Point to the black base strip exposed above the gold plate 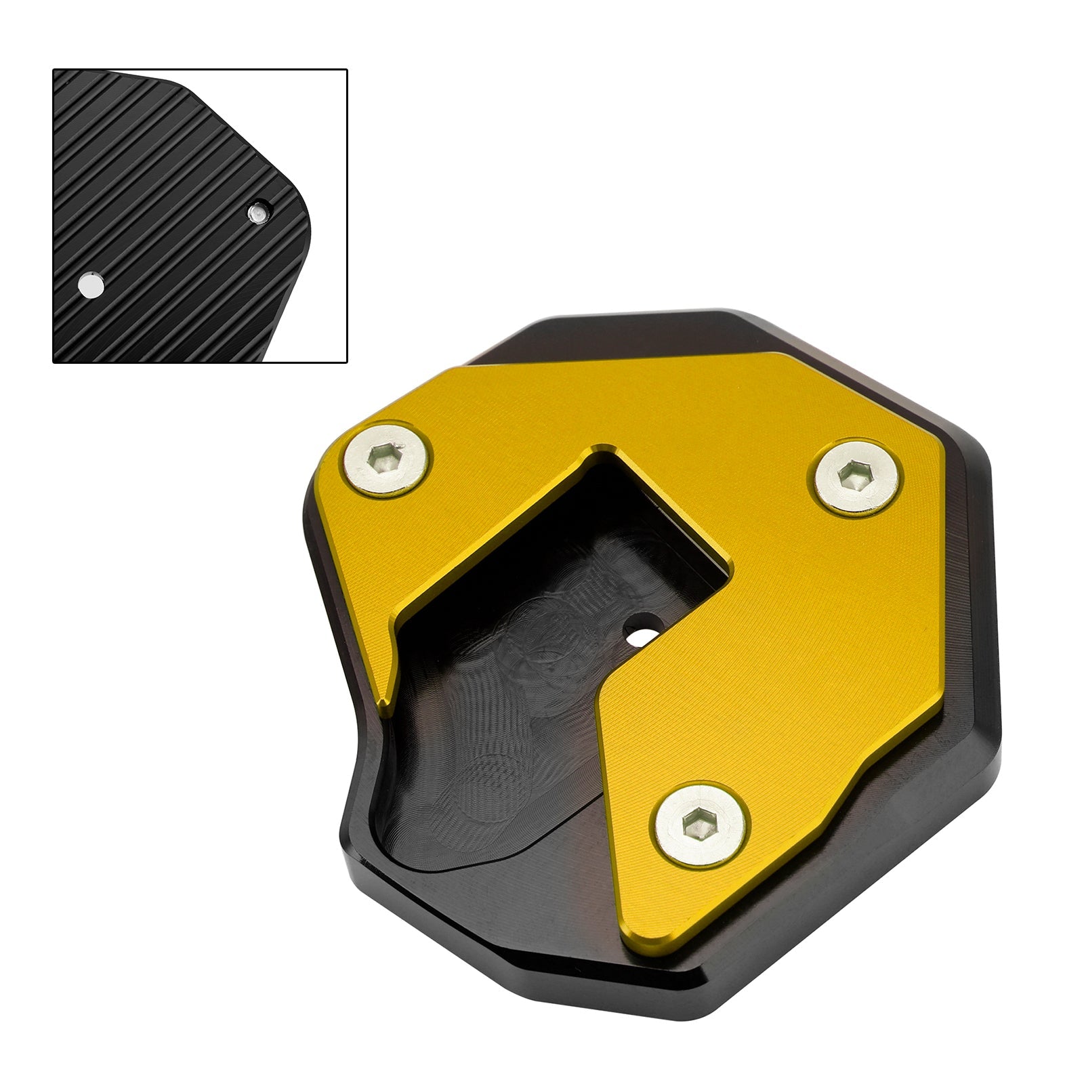tap(610, 339)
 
